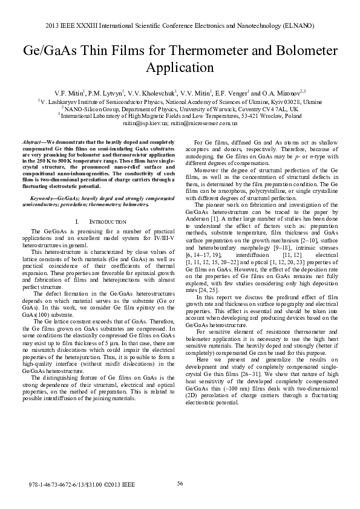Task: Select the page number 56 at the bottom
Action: point(180,482)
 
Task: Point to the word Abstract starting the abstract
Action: point(41,141)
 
